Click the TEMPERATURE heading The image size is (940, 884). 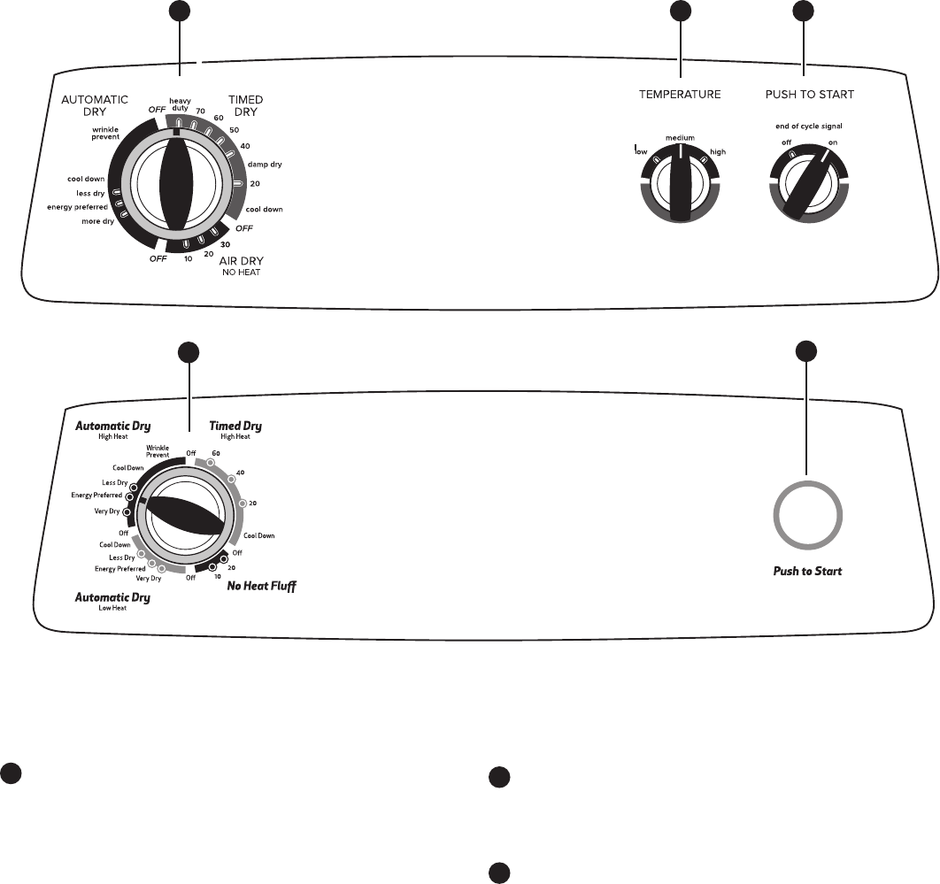(680, 94)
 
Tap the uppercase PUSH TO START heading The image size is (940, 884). (809, 94)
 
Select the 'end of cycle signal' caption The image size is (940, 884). (808, 127)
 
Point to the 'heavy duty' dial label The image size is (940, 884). (180, 104)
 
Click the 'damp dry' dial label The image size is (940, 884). (265, 165)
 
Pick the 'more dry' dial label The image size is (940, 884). (103, 220)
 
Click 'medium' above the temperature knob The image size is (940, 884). (680, 138)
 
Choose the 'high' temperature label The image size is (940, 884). (718, 152)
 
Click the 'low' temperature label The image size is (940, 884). (642, 152)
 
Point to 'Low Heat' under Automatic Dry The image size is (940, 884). (112, 609)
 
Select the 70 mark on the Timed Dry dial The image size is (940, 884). (201, 111)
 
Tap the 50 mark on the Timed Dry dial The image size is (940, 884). (234, 130)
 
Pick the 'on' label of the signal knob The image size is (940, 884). (833, 142)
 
